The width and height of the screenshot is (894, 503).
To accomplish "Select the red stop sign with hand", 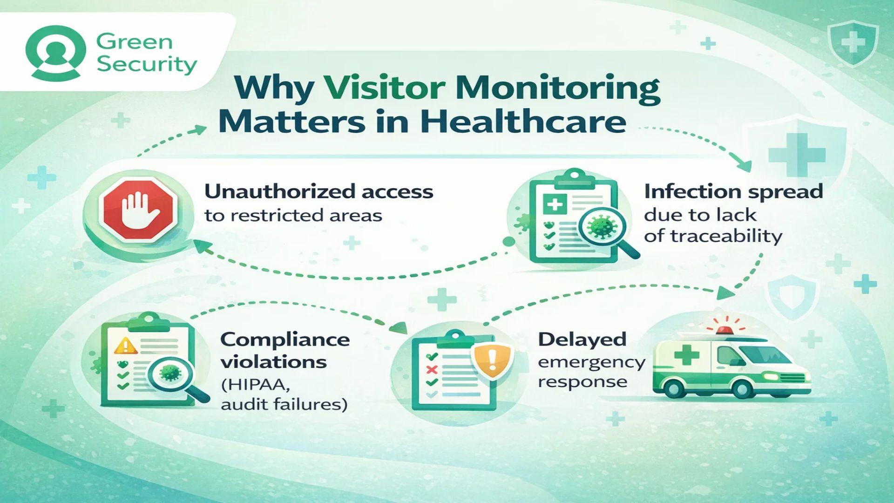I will (x=138, y=209).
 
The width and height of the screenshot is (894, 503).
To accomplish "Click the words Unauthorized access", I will (x=319, y=191).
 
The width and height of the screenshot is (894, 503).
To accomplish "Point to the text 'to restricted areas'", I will (x=293, y=216).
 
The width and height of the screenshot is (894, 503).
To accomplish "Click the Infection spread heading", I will (x=733, y=191).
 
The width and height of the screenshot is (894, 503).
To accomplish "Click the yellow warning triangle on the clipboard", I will (x=125, y=346).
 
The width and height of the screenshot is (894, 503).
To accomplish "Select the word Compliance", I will (x=285, y=340).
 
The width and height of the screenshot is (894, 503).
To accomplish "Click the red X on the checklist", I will (x=432, y=370).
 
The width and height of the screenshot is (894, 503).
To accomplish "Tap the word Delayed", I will (x=582, y=340).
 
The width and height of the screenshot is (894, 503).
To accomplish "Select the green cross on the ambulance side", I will (x=686, y=355).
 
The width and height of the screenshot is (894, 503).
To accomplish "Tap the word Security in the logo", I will (x=147, y=64).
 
